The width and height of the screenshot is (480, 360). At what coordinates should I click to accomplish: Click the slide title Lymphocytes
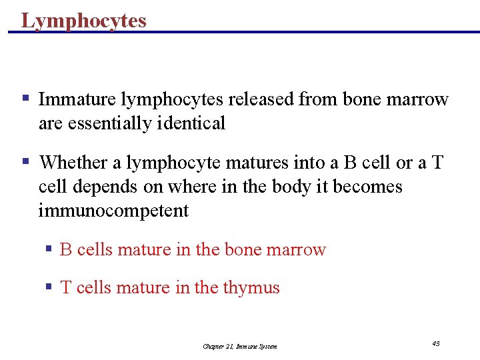(x=83, y=20)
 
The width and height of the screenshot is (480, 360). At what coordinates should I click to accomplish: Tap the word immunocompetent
(x=113, y=211)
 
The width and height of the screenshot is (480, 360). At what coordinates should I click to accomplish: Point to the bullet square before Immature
(x=25, y=99)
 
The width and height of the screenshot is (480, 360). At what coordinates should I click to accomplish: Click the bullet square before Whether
(x=25, y=161)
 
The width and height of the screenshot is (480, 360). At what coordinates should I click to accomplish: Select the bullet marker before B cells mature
(x=49, y=249)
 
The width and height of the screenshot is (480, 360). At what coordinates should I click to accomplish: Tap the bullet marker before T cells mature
(x=49, y=287)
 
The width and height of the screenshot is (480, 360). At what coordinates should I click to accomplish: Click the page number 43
(x=435, y=343)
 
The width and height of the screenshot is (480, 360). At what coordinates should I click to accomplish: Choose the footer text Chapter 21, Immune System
(x=240, y=346)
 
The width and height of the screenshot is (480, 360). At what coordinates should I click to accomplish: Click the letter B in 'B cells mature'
(x=65, y=250)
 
